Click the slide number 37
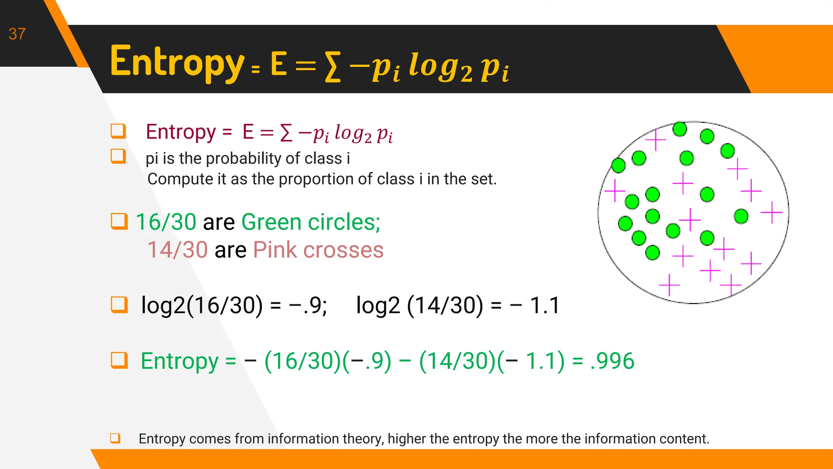pos(17,34)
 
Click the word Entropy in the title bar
pos(177,62)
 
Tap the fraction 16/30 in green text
pos(166,222)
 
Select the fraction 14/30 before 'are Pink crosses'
pos(177,250)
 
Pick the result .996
pos(613,361)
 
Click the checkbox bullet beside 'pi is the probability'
pos(118,156)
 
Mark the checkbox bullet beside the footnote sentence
pos(115,438)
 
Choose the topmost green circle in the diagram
pos(680,129)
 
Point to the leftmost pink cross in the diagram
pos(615,190)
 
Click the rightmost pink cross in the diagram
pos(772,212)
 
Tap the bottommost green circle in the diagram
pos(652,252)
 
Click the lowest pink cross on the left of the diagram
pos(669,285)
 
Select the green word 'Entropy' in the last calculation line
pos(179,361)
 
